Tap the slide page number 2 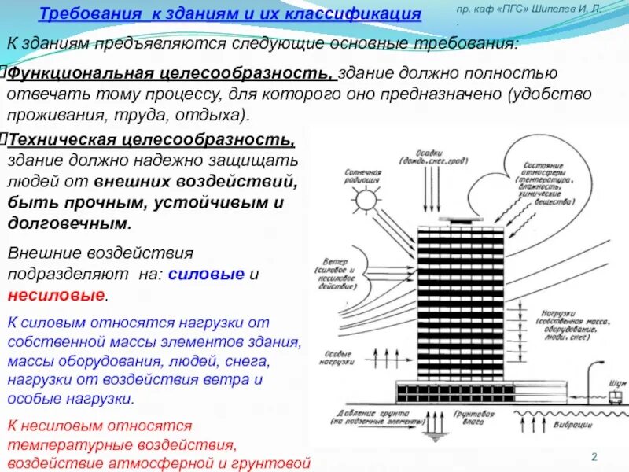[x=594, y=458]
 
